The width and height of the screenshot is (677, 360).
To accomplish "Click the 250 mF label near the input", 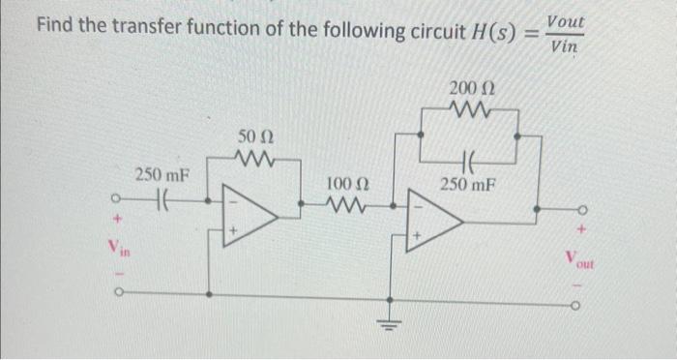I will point(162,175).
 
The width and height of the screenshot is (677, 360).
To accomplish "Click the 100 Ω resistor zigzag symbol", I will point(345,203).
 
